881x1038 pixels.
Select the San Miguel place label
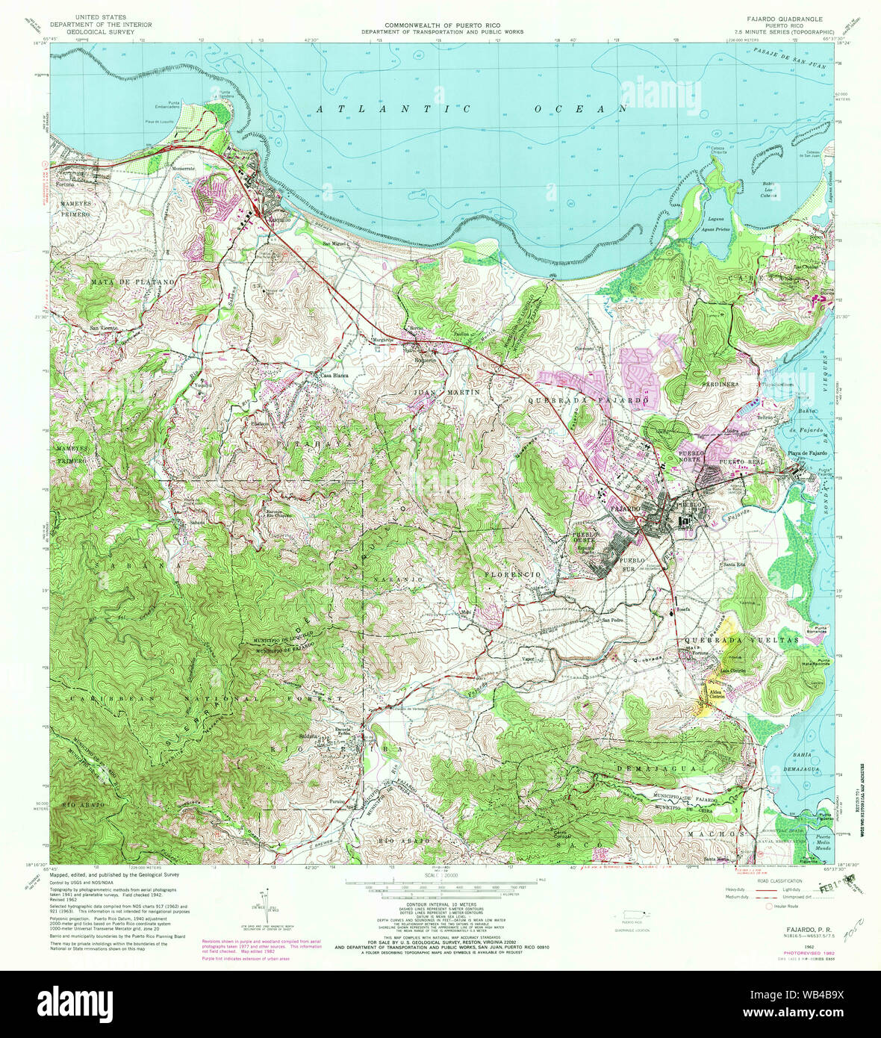pyautogui.click(x=335, y=243)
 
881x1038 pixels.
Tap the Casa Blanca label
pyautogui.click(x=337, y=375)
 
